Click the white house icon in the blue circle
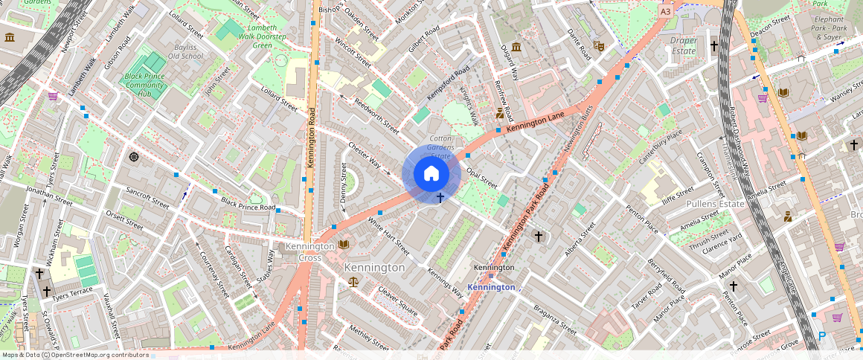tap(431, 174)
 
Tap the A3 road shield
tap(665, 11)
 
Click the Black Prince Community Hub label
tap(148, 85)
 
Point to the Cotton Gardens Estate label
tap(441, 147)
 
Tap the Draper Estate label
tap(684, 45)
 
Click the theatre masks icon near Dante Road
tap(598, 45)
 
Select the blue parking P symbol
tap(822, 336)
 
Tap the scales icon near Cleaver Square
tap(353, 281)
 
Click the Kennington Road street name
tap(313, 138)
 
